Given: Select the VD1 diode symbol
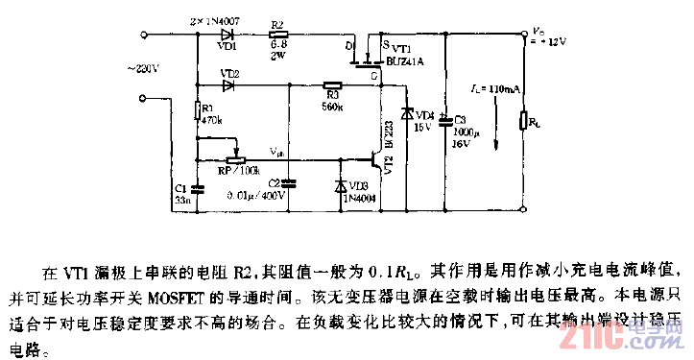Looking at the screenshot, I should point(228,35).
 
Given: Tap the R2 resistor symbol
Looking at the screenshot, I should point(279,35).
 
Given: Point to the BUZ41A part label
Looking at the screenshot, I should point(404,59).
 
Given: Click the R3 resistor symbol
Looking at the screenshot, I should point(332,84).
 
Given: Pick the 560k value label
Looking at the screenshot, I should point(332,105).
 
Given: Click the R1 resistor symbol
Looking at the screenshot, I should point(197,109).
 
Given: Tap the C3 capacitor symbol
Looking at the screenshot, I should point(445,122).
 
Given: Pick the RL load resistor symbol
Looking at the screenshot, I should point(523,121).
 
